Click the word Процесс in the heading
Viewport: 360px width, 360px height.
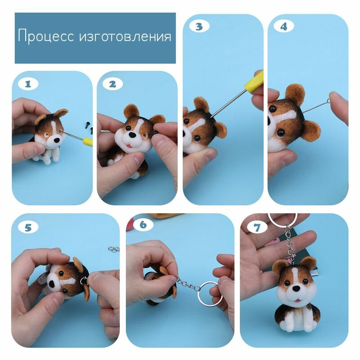coord(46,36)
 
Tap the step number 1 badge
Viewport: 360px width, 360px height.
coord(28,84)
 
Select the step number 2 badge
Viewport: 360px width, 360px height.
coord(112,84)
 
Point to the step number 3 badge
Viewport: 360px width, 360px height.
coord(199,27)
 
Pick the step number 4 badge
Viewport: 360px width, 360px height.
coord(284,27)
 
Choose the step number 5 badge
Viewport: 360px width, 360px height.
coord(28,228)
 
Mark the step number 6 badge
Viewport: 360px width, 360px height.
coord(143,225)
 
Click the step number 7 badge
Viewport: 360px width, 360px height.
coord(257,228)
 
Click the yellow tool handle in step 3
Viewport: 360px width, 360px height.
coord(254,80)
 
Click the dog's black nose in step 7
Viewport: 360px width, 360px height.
coord(296,288)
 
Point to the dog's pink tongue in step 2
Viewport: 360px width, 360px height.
coord(129,146)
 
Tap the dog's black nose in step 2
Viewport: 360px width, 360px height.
coord(132,135)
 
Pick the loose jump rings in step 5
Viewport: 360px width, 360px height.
coord(114,249)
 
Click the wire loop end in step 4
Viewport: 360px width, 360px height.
coord(328,101)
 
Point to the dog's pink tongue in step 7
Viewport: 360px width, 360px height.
coord(297,301)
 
